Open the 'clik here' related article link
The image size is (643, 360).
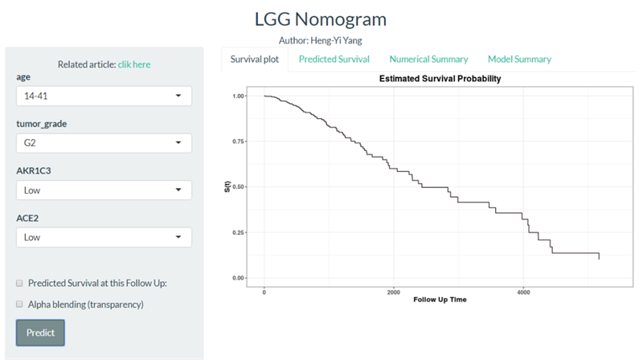[134, 64]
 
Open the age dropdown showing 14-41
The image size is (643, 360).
[104, 96]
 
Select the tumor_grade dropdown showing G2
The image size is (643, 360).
[104, 143]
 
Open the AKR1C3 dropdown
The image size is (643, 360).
[104, 190]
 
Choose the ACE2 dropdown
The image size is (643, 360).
[104, 237]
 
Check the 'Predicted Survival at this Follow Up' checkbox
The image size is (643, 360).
[19, 283]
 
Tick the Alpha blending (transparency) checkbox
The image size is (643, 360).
[19, 305]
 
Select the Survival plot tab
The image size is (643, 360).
[254, 59]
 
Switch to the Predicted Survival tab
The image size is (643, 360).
[334, 59]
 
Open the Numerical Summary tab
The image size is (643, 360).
[428, 59]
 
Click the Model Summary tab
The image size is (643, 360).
[519, 59]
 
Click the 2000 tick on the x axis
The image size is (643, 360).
[393, 291]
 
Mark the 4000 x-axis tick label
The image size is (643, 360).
[522, 291]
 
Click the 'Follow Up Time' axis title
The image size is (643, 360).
[440, 300]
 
